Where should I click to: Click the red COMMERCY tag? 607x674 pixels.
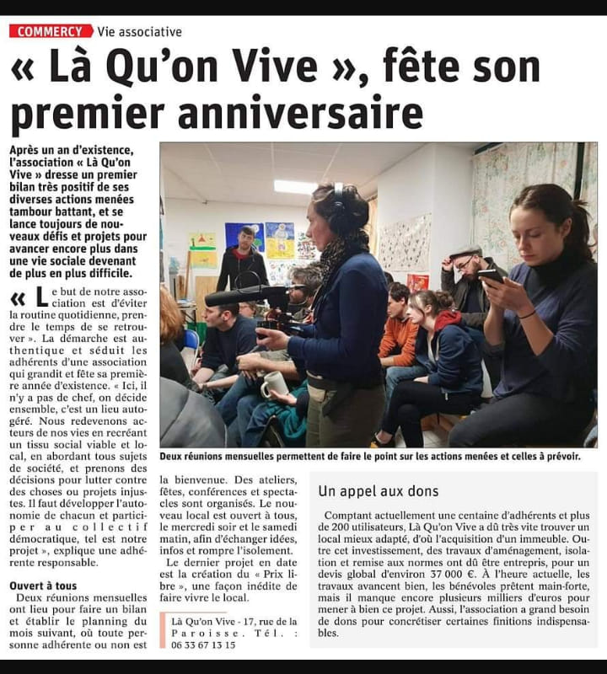pyautogui.click(x=51, y=31)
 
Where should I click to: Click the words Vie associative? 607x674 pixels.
pyautogui.click(x=139, y=32)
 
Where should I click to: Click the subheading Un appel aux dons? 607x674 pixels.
pyautogui.click(x=379, y=490)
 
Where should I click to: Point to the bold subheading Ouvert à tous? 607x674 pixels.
pyautogui.click(x=43, y=585)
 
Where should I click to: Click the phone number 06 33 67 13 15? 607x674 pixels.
pyautogui.click(x=203, y=645)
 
